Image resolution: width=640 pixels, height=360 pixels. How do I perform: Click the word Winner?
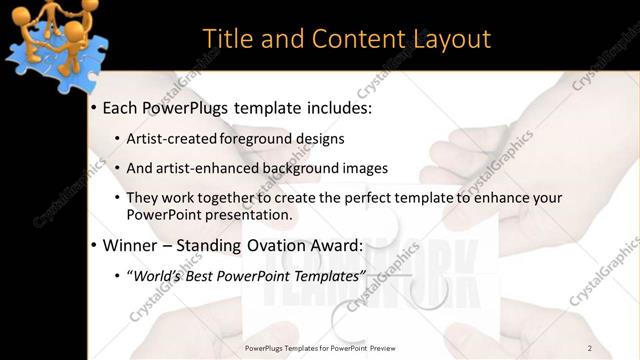tap(133, 244)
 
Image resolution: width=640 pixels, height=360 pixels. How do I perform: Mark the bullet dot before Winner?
tap(94, 245)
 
